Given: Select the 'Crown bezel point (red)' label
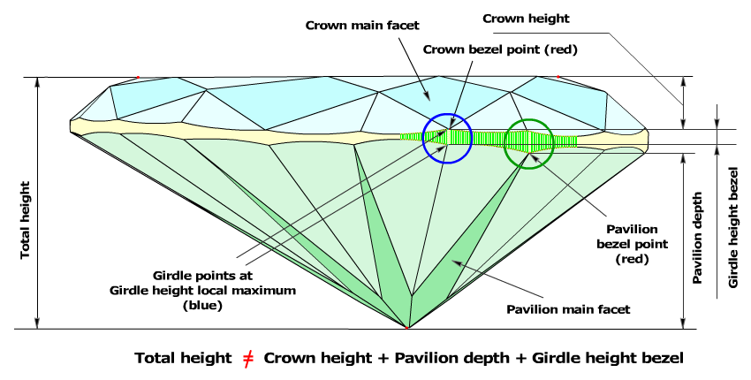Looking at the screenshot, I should (x=500, y=49).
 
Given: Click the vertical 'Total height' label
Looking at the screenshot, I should (x=26, y=219).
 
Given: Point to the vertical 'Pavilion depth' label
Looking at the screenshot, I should (x=698, y=237).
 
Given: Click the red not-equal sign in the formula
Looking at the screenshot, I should (x=249, y=358).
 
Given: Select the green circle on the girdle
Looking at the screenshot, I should (x=528, y=143).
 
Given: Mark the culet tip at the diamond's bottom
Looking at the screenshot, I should (x=406, y=328).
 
